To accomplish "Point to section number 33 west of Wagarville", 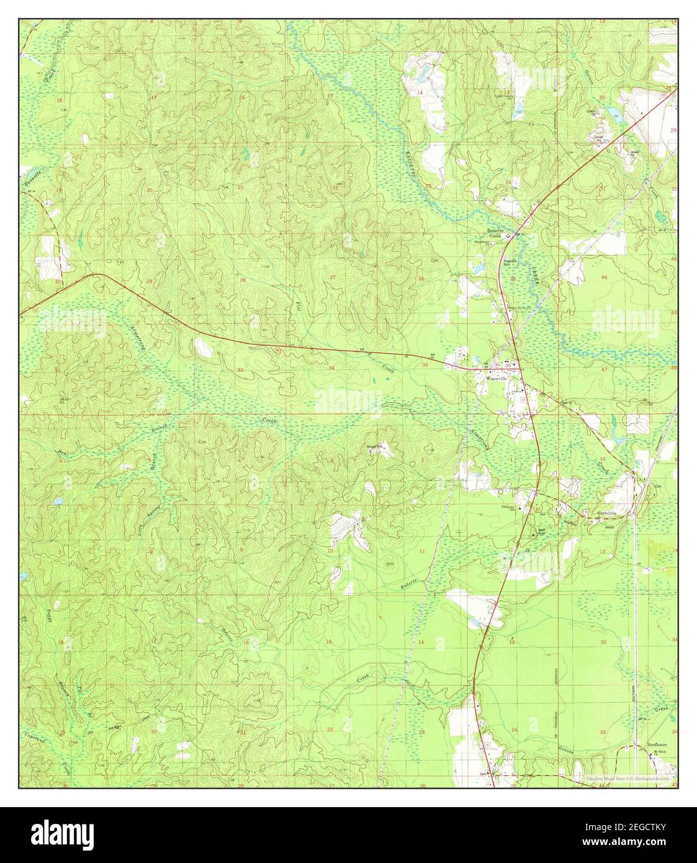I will pyautogui.click(x=240, y=370).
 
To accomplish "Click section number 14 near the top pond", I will pyautogui.click(x=420, y=93).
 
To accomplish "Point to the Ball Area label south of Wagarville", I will pyautogui.click(x=541, y=531).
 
